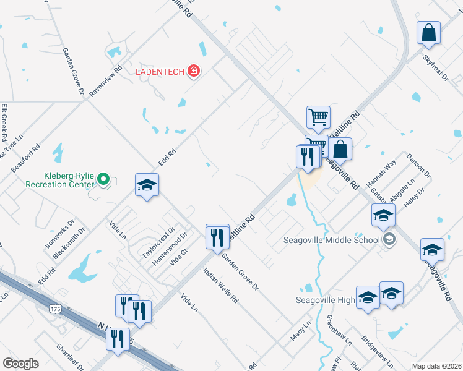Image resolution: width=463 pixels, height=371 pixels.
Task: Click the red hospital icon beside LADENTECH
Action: pos(194,72)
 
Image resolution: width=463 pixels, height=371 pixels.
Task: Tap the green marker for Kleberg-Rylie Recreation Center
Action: pos(104,180)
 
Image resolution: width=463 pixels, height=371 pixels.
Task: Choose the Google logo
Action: pos(20,364)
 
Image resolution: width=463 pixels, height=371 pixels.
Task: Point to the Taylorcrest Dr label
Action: pos(155,246)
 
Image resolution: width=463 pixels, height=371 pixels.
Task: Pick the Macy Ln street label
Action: pos(301,331)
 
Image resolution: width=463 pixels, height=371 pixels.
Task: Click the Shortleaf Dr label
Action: pos(69,358)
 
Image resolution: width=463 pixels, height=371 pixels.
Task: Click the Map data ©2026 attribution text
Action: pos(436,366)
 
